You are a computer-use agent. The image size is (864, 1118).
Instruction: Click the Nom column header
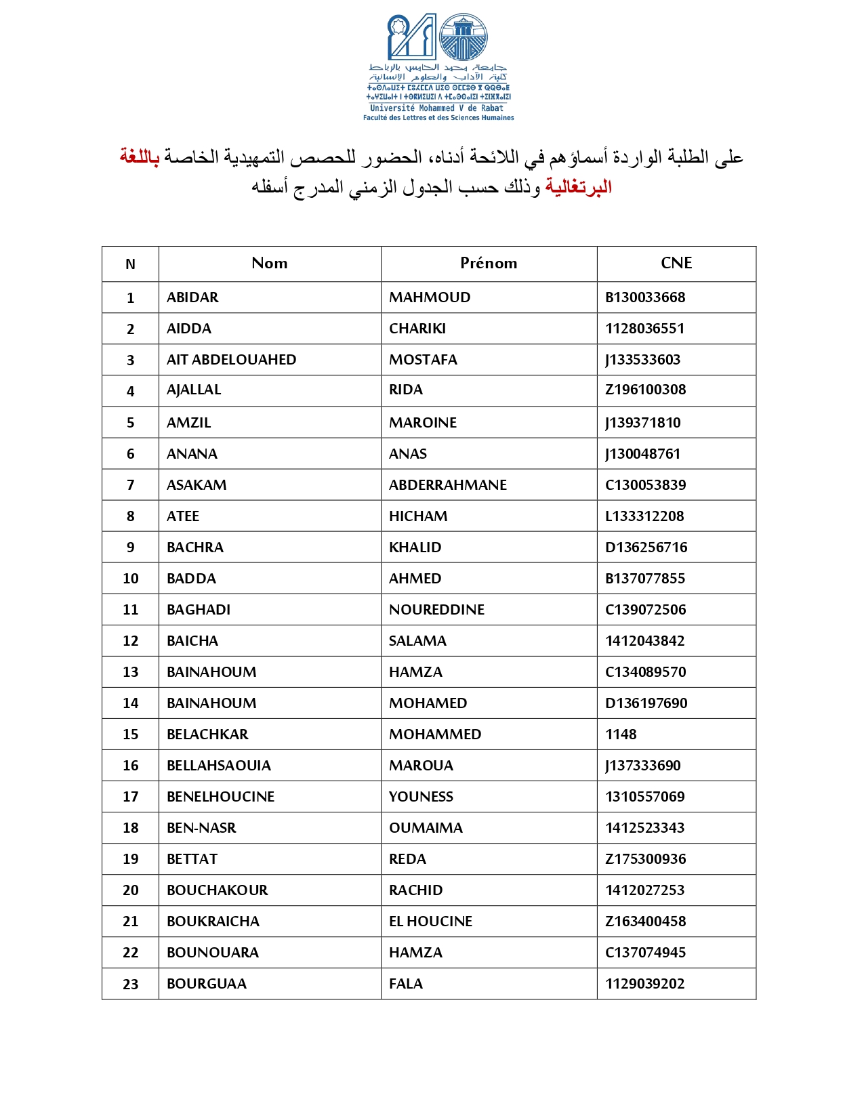pos(270,264)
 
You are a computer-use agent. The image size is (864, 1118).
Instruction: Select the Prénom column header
pos(489,264)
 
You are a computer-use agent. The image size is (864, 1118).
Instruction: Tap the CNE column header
pos(676,264)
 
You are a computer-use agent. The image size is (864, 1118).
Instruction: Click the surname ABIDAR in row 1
pos(192,297)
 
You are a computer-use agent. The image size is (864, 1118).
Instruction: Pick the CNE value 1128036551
pos(644,329)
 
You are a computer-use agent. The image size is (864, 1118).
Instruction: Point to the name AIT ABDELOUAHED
pos(231,360)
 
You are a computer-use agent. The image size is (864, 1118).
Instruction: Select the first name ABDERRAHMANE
pos(447,485)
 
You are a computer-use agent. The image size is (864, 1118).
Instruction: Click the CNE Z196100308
pos(645,390)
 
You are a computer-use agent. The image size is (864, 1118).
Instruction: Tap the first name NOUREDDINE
pos(436,610)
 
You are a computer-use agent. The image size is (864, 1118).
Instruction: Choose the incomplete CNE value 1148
pos(621,734)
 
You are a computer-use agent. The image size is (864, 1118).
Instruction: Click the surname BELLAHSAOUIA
pos(218,766)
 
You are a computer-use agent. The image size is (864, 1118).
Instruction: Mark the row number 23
pos(130,985)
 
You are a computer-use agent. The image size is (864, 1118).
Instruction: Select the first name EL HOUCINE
pos(430,922)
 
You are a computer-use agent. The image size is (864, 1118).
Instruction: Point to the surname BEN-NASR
pos(201,828)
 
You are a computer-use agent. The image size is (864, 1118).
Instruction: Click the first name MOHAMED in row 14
pos(428,703)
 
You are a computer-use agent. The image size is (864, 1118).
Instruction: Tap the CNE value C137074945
pos(645,953)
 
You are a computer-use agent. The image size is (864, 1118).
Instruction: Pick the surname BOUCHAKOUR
pos(217,890)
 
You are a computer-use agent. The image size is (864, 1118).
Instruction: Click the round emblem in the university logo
pos(464,37)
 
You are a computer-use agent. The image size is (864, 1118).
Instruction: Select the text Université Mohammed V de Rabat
pos(437,108)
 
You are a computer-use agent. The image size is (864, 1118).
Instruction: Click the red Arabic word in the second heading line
pos(578,187)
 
